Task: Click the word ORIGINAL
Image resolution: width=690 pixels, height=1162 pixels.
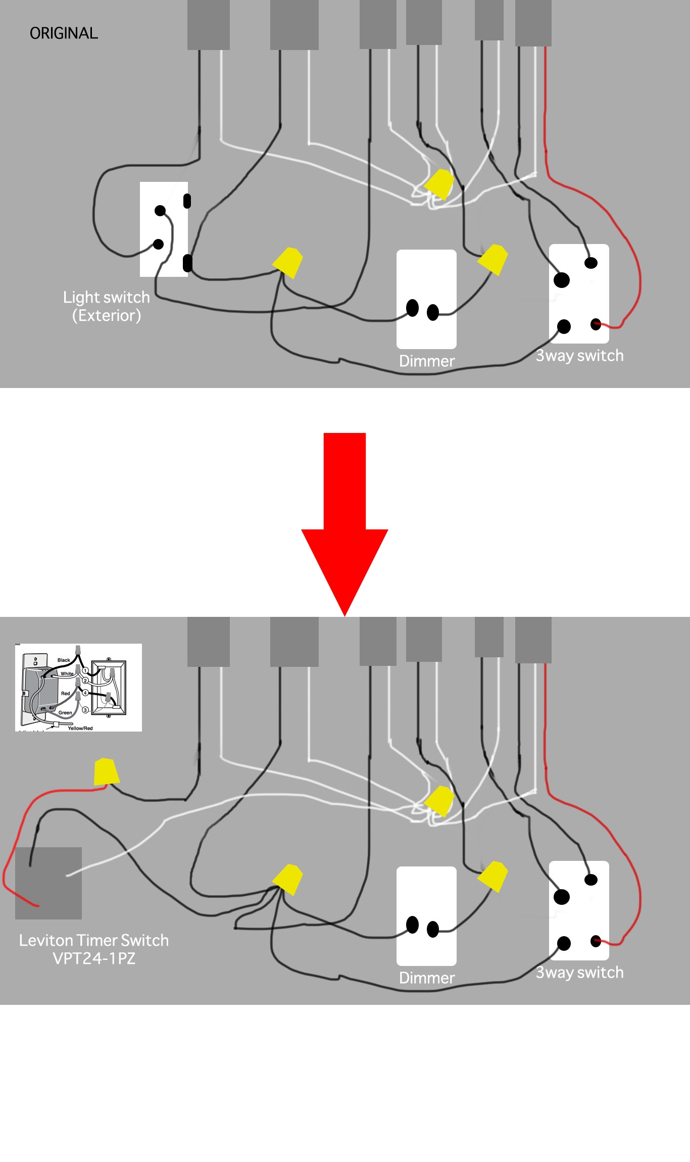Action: pos(64,33)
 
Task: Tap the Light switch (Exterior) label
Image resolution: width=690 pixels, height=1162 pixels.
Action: pos(106,306)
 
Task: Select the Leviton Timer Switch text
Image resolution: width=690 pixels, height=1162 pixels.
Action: pos(94,940)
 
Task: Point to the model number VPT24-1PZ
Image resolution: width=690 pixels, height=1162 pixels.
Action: pos(94,958)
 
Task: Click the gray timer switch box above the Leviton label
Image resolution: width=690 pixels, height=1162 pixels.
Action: pos(48,883)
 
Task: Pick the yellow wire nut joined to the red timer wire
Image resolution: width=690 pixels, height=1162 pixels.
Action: pos(106,771)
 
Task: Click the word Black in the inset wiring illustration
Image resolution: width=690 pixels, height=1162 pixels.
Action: pos(64,660)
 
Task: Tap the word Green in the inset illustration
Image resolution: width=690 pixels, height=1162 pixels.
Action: pos(65,713)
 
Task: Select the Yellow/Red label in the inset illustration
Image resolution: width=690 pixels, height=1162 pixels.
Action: pos(80,728)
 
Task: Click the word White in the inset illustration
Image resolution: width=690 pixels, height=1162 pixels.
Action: pos(67,673)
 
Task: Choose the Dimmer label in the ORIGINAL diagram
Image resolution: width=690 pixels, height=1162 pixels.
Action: pos(427,361)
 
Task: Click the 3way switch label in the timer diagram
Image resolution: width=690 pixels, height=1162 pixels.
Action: pos(579,973)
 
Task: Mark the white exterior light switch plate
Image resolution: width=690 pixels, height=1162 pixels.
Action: pos(164,229)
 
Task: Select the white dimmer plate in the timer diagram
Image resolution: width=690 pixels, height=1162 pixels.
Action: pos(426,916)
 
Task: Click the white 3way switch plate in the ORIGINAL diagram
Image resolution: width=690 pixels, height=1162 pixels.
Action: pos(579,294)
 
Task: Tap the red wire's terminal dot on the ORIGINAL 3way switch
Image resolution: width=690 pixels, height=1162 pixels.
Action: pos(596,324)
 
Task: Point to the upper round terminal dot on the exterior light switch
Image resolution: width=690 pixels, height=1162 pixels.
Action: pos(160,211)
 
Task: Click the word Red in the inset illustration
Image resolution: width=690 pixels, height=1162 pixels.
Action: pos(66,694)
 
